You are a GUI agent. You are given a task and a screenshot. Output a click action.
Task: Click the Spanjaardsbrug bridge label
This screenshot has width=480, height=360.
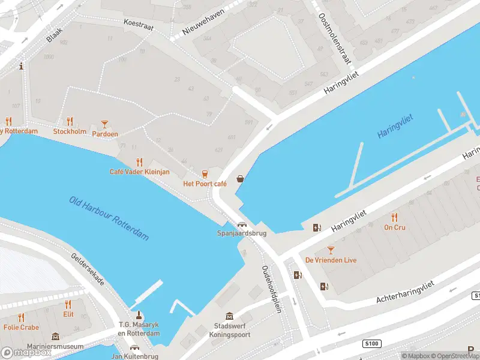(x=241, y=233)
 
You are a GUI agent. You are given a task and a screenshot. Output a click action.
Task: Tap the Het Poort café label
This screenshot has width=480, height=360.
(x=205, y=184)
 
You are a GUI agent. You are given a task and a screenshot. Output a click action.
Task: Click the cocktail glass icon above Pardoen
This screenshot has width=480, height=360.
(x=105, y=124)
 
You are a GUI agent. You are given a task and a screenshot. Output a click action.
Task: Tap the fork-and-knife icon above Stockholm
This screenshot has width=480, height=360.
(x=70, y=121)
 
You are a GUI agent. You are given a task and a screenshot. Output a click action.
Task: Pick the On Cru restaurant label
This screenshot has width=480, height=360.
(x=394, y=227)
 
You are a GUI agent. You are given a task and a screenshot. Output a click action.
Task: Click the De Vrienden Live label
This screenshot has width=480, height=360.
(x=331, y=260)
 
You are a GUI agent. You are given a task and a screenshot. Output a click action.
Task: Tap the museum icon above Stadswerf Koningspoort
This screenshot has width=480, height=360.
(x=229, y=316)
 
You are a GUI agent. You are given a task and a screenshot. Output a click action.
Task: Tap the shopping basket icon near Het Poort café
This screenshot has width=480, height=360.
(x=241, y=179)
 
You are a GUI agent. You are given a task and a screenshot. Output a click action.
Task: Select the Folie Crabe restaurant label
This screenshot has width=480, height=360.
(x=21, y=328)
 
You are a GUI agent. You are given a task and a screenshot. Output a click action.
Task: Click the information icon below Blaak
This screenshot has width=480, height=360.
(x=22, y=66)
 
